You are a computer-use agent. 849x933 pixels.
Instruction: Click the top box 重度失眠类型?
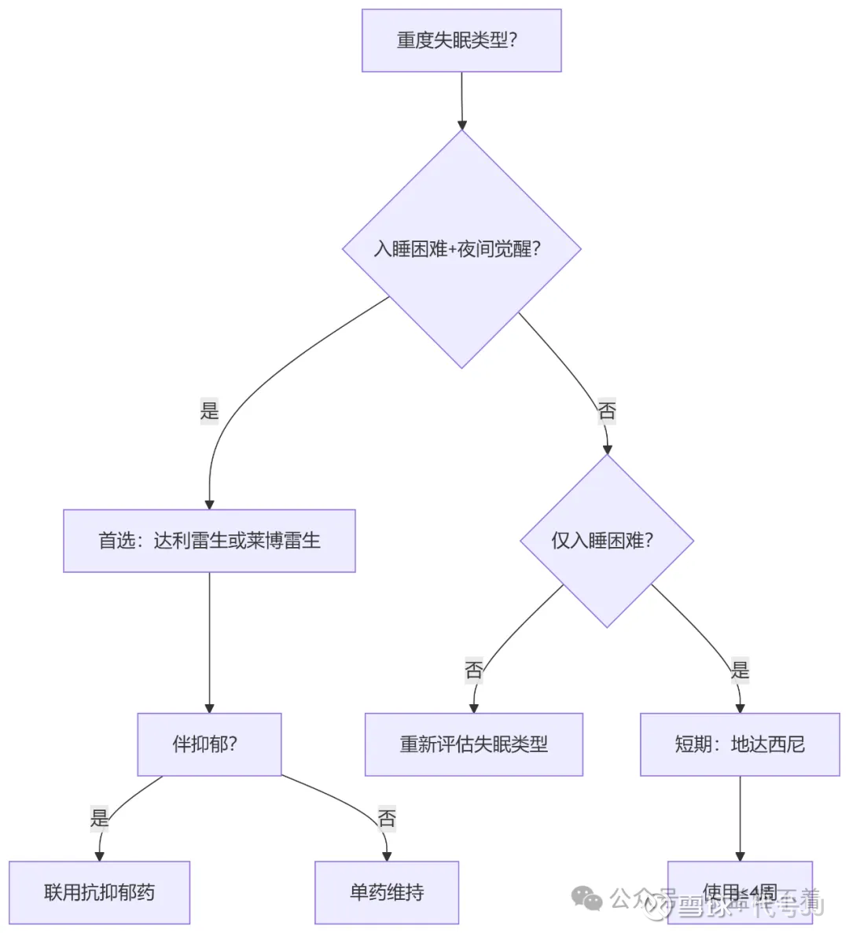(461, 41)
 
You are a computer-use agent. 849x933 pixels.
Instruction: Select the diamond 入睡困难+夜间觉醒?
(461, 249)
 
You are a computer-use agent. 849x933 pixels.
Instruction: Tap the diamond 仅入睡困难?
(606, 541)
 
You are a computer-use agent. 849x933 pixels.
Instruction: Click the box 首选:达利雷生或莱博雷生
(209, 541)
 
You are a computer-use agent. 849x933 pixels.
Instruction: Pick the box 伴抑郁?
(209, 744)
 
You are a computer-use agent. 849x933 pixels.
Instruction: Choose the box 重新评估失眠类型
(473, 744)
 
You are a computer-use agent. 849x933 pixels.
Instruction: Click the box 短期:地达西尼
(740, 744)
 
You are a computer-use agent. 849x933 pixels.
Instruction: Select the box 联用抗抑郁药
(100, 892)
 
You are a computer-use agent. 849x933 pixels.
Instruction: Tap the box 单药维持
(387, 892)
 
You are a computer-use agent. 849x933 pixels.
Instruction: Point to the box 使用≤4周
(740, 892)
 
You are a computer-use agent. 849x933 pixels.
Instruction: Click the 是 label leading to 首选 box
(209, 410)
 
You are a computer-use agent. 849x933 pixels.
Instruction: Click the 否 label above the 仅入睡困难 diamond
(607, 410)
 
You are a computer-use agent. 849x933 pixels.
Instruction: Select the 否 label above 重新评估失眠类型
(473, 670)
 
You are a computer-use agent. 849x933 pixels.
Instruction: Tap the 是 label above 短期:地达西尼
(740, 670)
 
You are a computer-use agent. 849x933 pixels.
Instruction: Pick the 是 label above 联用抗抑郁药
(100, 818)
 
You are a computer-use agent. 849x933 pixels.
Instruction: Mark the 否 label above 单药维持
(387, 818)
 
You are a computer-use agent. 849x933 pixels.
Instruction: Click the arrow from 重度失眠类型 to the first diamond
(461, 101)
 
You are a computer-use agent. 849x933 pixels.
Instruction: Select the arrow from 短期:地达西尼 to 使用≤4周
(740, 817)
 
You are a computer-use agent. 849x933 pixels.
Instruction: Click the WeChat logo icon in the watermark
(586, 898)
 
